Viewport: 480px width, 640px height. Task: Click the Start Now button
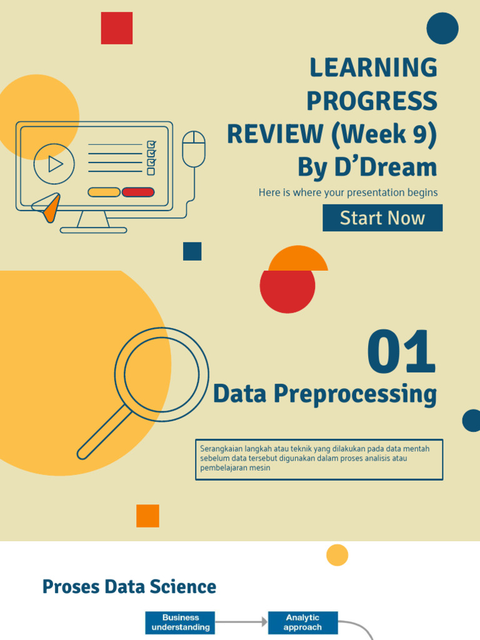(x=382, y=218)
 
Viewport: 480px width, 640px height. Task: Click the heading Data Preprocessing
(x=324, y=394)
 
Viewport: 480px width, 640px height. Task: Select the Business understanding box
(x=181, y=622)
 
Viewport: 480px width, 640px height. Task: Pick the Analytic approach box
(x=303, y=622)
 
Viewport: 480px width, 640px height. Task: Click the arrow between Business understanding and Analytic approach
(x=242, y=622)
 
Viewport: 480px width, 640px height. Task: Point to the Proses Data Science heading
(x=129, y=587)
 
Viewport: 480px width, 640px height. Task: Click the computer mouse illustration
(x=194, y=149)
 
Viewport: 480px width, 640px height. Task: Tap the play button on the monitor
(x=54, y=164)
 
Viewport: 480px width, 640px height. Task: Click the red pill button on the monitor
(x=138, y=192)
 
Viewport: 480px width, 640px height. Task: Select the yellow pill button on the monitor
(x=104, y=192)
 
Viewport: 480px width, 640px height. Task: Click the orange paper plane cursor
(x=48, y=207)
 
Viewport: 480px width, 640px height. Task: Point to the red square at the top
(x=117, y=28)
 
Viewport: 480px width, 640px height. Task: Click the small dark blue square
(x=192, y=251)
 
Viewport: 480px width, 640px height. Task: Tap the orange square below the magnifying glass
(x=147, y=516)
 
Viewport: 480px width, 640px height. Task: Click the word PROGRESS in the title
(x=372, y=101)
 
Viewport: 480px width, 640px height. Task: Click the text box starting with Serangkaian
(x=319, y=459)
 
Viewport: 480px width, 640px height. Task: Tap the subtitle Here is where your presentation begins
(x=348, y=192)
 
